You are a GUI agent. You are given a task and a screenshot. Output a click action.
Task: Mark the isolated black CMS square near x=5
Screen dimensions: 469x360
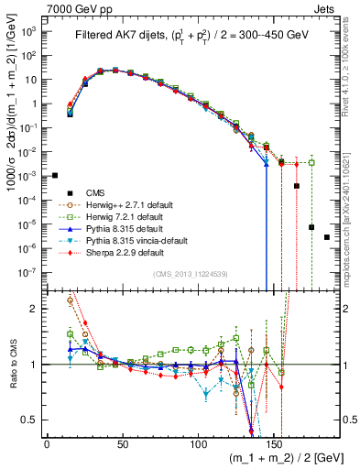[54, 175]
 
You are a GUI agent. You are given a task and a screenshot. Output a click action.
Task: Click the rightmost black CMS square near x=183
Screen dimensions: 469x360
[327, 237]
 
